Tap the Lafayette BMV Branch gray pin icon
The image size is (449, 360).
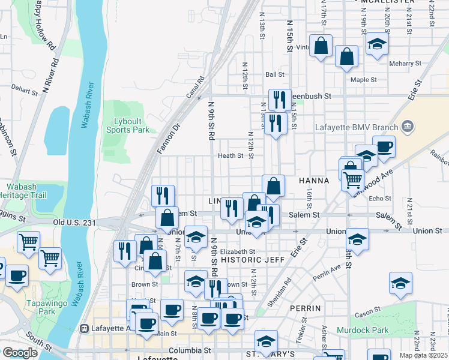[x=408, y=127]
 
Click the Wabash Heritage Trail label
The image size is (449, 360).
[x=24, y=191]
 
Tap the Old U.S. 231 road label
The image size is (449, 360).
[x=74, y=223]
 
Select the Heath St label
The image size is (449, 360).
[x=231, y=155]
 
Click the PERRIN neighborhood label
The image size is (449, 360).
[x=306, y=308]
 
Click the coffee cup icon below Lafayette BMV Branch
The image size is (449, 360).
[x=384, y=146]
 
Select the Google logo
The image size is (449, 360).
[x=20, y=353]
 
